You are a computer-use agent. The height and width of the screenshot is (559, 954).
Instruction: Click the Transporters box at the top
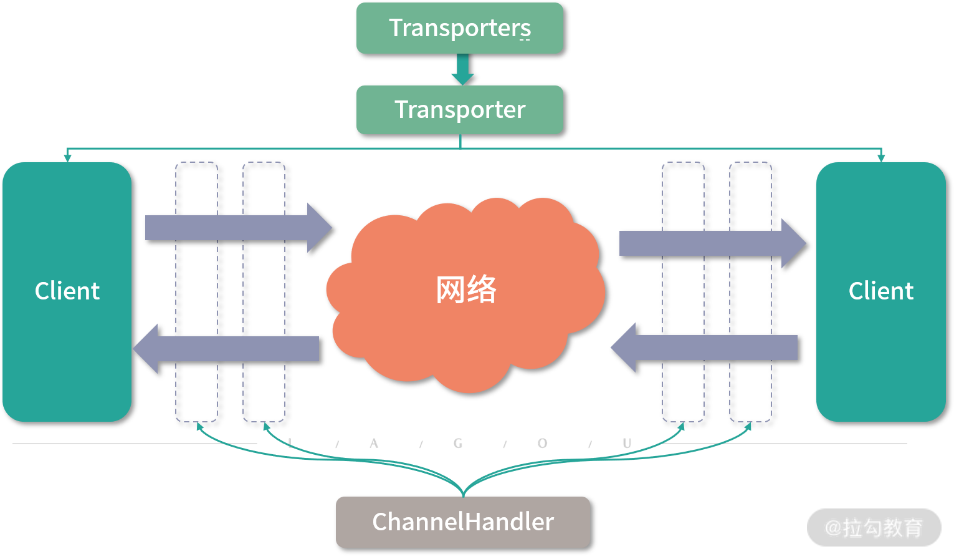click(459, 28)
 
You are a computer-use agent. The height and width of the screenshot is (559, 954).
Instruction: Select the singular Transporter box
click(459, 110)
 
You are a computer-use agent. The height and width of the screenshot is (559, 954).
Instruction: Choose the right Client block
click(880, 349)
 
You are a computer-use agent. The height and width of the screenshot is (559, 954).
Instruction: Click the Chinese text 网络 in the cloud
click(465, 290)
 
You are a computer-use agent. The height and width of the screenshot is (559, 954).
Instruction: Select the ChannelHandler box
click(462, 522)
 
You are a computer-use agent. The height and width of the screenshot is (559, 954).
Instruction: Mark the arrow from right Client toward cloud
click(704, 348)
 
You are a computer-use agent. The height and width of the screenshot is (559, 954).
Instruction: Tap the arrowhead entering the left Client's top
click(67, 158)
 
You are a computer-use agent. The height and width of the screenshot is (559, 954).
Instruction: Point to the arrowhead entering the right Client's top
click(881, 158)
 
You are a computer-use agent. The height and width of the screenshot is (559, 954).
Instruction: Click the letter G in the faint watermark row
click(458, 444)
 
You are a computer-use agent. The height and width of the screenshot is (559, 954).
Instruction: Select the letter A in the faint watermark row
click(374, 444)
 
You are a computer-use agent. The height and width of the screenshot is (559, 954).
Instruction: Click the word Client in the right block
click(880, 291)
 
